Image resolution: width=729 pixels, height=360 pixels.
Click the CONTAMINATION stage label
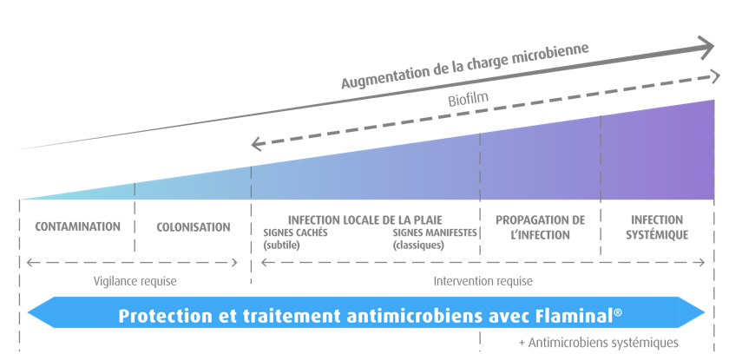click(x=77, y=227)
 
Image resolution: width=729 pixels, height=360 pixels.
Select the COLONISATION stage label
click(x=194, y=227)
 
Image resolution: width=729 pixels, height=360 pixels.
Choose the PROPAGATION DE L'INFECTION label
click(x=541, y=227)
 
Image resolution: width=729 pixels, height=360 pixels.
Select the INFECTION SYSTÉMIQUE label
click(x=657, y=227)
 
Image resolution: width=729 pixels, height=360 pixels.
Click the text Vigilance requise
click(x=135, y=281)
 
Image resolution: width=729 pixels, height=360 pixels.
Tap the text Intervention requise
click(x=483, y=281)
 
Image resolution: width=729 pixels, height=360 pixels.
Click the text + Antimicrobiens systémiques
click(x=598, y=343)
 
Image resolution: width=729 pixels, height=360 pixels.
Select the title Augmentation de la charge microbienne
click(x=465, y=65)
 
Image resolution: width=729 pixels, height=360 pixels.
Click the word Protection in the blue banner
click(x=163, y=315)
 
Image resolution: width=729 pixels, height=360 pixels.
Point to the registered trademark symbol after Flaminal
click(x=618, y=310)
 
